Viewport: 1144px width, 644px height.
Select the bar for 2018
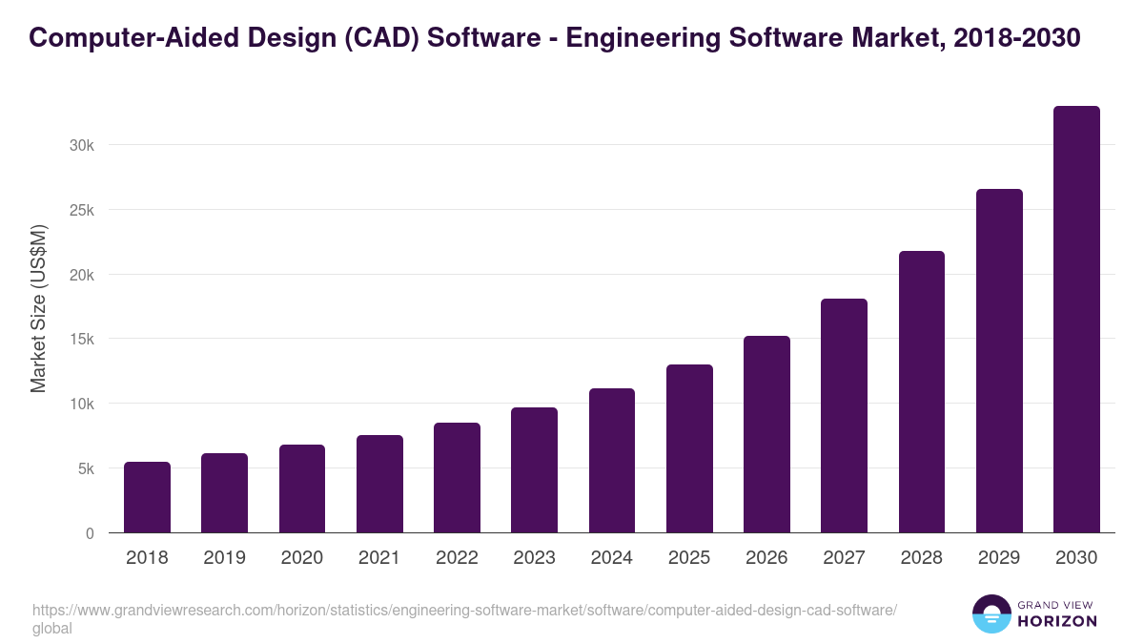[x=147, y=497]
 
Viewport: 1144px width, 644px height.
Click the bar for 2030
[x=1076, y=320]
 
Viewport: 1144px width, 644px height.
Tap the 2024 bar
[x=612, y=461]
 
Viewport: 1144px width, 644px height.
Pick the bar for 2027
[x=844, y=416]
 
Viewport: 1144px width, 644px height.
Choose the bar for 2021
[x=379, y=484]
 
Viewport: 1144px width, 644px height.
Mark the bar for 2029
[x=999, y=361]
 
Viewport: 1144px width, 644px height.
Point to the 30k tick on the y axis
[x=81, y=145]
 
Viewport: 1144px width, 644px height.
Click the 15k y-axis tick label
[x=81, y=339]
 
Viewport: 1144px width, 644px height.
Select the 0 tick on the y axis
[x=90, y=533]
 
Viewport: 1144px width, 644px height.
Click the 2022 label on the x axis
[x=457, y=558]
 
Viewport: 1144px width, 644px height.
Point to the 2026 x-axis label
[x=766, y=558]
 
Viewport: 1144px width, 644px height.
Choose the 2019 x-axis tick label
[x=224, y=558]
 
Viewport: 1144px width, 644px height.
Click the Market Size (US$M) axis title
[x=38, y=308]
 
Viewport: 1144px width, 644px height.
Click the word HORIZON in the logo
[x=1057, y=621]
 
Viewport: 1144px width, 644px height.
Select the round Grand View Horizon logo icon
[x=991, y=613]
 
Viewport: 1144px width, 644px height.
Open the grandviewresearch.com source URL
[x=464, y=611]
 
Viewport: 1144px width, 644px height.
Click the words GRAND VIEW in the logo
[x=1057, y=604]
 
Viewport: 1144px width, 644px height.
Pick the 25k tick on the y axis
[x=81, y=210]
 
